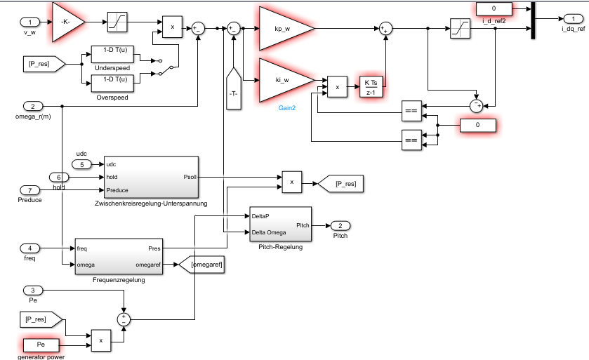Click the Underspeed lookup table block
coord(112,54)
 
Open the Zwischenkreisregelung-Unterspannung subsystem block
coord(151,177)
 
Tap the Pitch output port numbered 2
coord(340,225)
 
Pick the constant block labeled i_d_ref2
coord(494,8)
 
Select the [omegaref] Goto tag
coord(201,264)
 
